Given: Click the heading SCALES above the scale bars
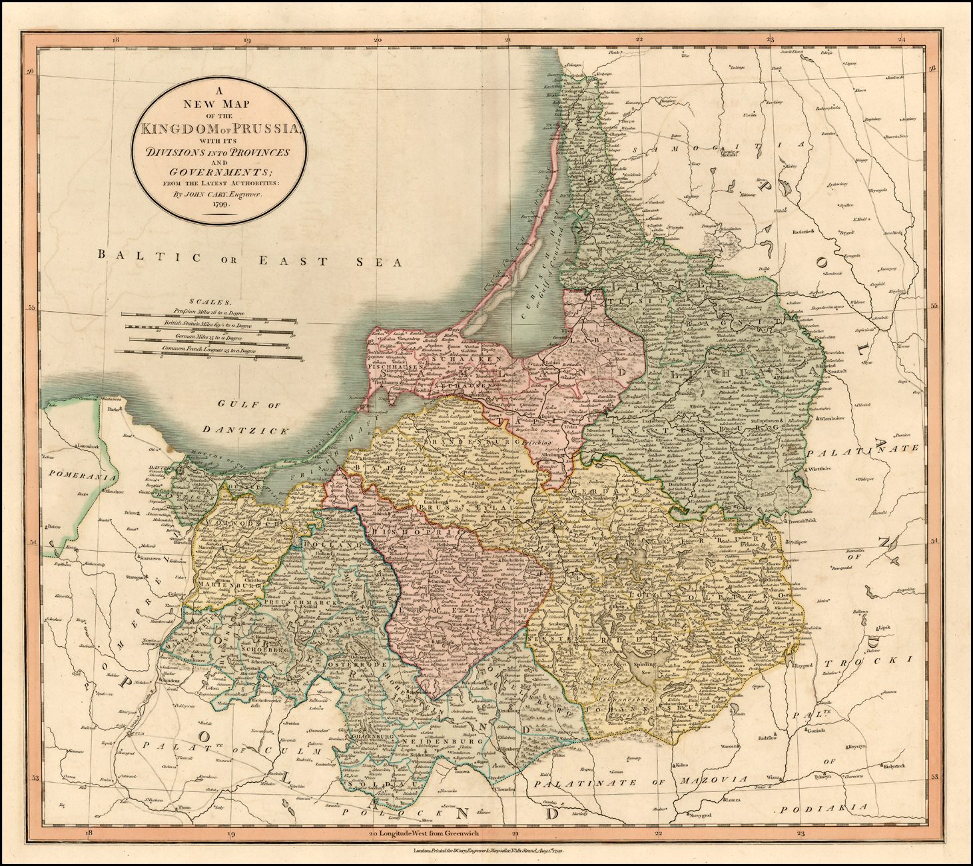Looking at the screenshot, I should pos(208,302).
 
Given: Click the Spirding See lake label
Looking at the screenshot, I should pos(645,664).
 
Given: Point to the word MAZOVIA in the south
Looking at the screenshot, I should pos(709,779).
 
